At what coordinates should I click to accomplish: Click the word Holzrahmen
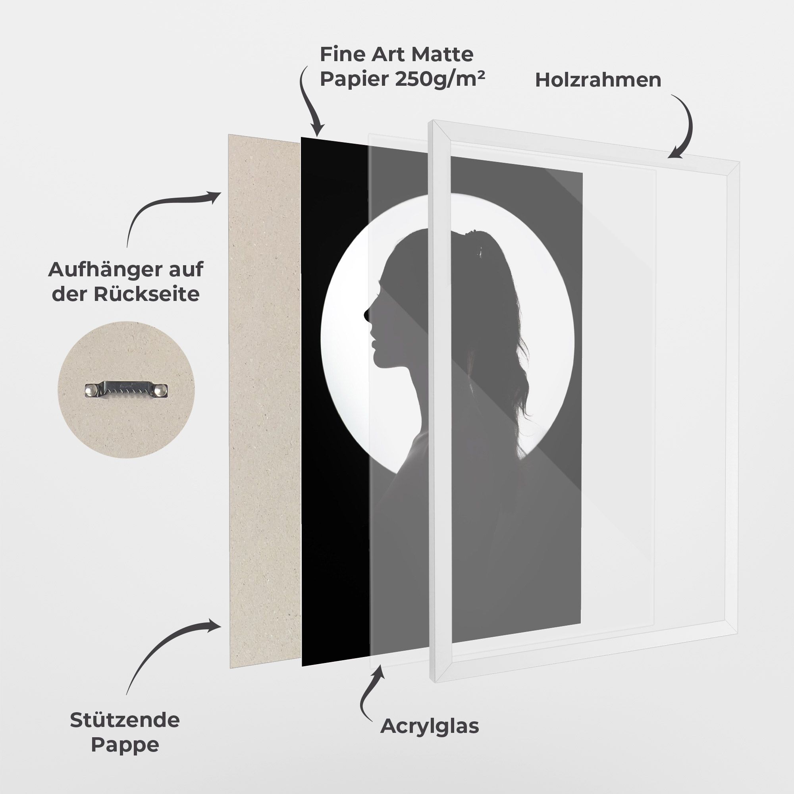click(598, 80)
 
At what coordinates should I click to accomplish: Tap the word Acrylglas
click(430, 726)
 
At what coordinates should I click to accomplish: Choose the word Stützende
click(125, 720)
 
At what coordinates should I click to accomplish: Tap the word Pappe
click(125, 745)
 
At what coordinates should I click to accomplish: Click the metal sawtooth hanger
click(127, 389)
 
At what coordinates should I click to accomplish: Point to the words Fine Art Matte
click(397, 54)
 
